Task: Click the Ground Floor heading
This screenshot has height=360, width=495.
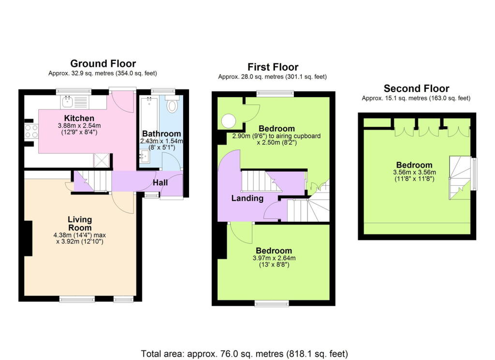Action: point(103,63)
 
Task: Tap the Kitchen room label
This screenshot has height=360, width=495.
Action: point(80,118)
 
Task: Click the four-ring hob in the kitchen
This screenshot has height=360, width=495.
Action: point(32,131)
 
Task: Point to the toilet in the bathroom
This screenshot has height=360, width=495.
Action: point(172,105)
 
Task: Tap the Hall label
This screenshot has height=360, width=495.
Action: point(160,183)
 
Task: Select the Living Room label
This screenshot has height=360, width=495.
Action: point(80,224)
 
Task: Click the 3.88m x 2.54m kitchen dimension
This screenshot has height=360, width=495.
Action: point(80,126)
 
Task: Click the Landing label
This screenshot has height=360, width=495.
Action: point(247,198)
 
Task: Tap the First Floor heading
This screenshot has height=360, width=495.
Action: point(273,67)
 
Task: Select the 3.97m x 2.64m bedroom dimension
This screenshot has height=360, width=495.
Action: point(274,258)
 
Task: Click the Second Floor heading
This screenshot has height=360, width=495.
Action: point(416,89)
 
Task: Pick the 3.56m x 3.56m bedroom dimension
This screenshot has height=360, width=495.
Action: point(416,172)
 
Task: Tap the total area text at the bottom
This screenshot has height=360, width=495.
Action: point(244,353)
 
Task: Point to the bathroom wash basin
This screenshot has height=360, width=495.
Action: point(145,156)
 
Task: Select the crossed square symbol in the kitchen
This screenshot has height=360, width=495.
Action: point(102,159)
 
